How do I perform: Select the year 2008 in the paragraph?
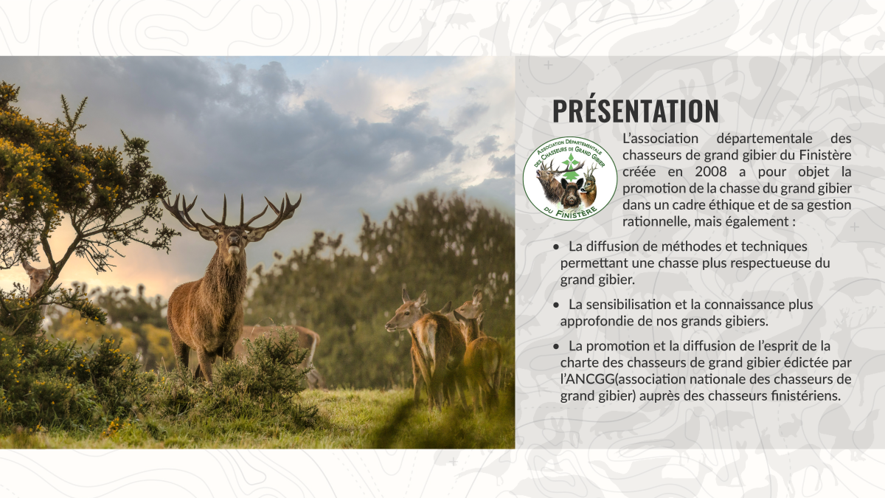point(711,172)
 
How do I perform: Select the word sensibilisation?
point(627,305)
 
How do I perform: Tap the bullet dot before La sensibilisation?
point(556,305)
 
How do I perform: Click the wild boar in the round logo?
point(572,193)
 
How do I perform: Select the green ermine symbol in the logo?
point(570,167)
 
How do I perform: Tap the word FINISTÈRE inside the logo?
point(577,212)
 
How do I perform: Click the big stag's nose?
point(234,240)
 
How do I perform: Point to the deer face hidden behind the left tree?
point(36,278)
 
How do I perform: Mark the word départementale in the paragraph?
point(764,139)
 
